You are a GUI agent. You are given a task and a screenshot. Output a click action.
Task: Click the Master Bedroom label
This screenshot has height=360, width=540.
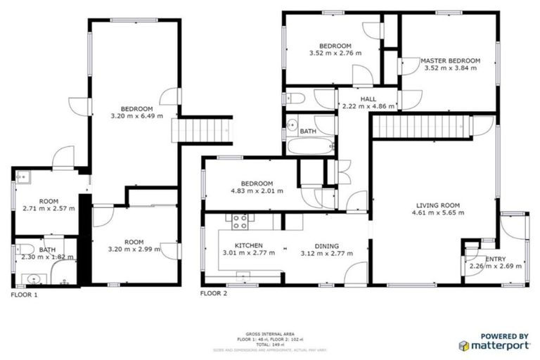[x=451, y=61]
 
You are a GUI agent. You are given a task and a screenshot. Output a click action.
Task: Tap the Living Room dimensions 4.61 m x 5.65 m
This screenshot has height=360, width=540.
[x=432, y=212]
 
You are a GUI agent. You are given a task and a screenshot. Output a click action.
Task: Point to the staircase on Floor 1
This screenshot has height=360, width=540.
[x=202, y=130]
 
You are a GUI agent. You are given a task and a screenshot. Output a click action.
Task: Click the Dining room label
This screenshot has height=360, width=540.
[x=326, y=246]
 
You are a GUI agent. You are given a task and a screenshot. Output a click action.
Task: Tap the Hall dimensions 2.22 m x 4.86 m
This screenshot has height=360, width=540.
[x=368, y=107]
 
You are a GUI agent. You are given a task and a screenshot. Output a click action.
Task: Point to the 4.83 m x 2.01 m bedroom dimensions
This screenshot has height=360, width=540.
[x=256, y=191]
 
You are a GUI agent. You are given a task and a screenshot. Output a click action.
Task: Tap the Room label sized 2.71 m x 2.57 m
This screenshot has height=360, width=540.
[x=48, y=200]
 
